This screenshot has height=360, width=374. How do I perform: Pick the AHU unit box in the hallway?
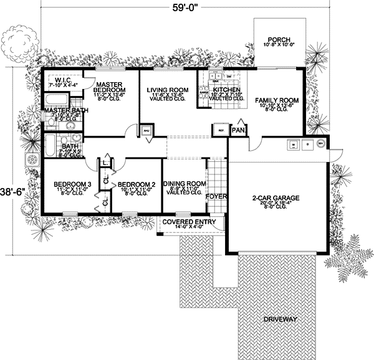tap(147, 131)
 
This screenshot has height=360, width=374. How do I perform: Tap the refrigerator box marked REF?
tap(221, 131)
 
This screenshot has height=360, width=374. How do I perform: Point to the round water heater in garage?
tap(320, 144)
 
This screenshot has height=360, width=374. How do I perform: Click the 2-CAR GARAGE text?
tap(276, 198)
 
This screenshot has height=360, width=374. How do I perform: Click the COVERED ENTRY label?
tap(189, 222)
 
